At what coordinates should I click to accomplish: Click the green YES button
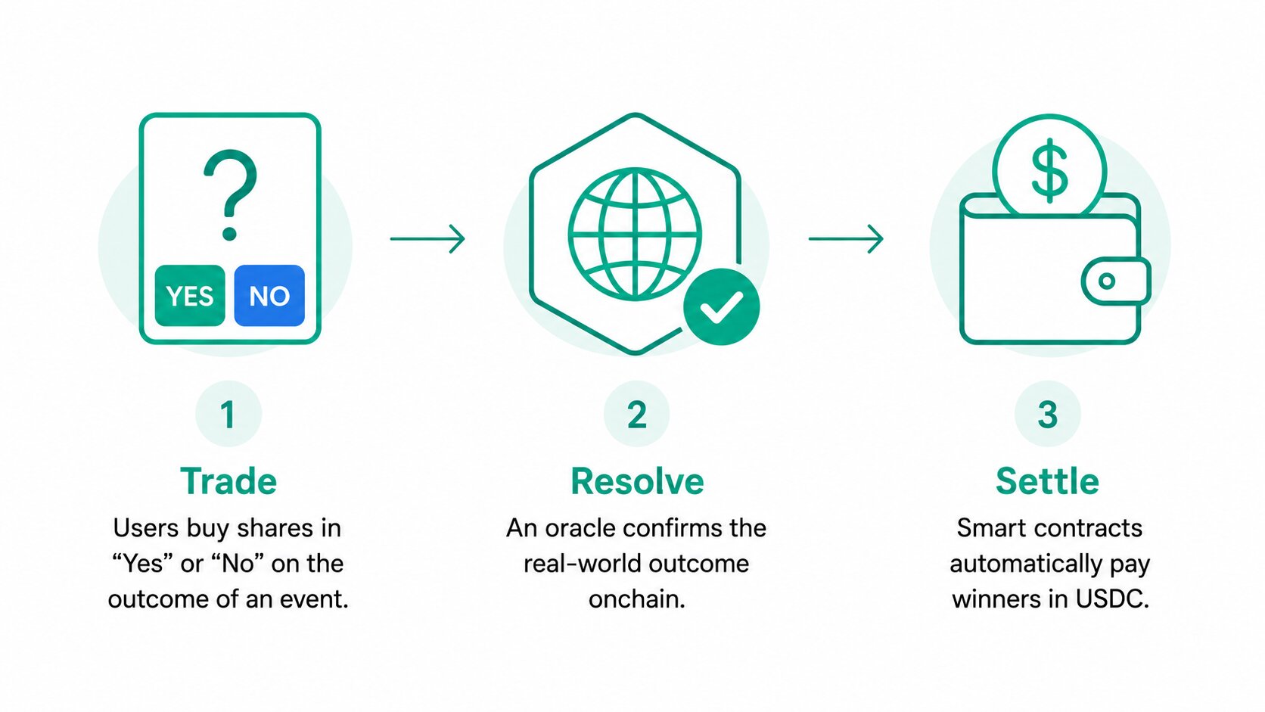(190, 295)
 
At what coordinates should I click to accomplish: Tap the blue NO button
(269, 295)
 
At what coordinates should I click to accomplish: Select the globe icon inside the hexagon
(635, 234)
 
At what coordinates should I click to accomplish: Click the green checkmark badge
(721, 306)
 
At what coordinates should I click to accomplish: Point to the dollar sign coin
(1049, 169)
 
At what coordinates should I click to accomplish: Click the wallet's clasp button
(1115, 281)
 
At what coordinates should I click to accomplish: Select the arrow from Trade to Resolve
(427, 239)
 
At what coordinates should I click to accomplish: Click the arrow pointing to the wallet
(846, 239)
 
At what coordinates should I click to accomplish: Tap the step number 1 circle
(228, 414)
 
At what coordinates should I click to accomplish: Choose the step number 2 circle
(636, 414)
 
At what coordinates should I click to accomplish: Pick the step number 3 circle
(1048, 414)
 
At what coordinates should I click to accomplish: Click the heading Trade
(228, 481)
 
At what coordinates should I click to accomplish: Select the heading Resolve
(637, 481)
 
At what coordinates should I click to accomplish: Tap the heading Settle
(1048, 481)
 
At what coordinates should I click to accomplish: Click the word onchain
(637, 599)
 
